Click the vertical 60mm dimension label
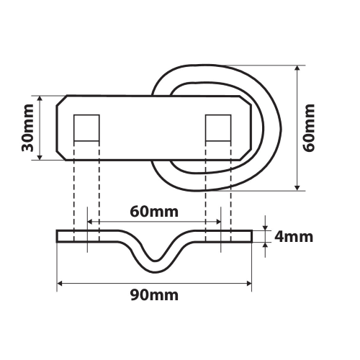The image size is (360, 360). tap(310, 127)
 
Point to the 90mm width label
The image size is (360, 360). tap(154, 296)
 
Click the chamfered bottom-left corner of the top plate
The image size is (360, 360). tap(63, 155)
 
